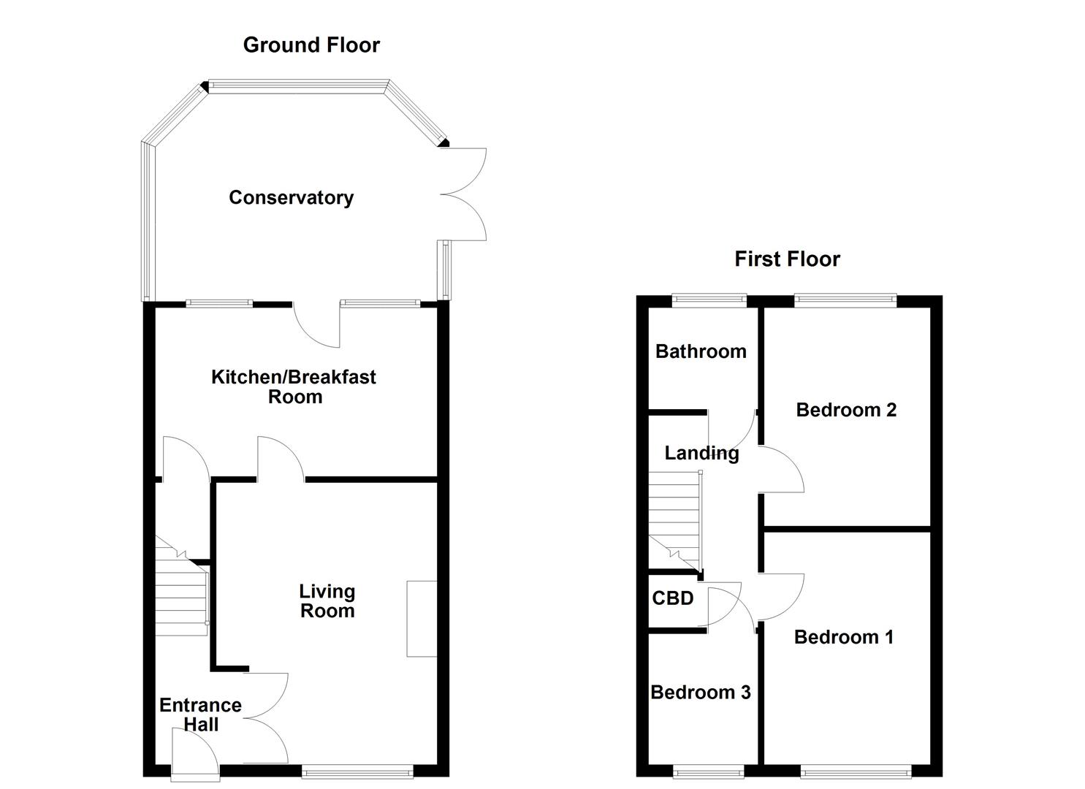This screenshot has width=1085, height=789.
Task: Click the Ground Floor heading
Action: pyautogui.click(x=311, y=45)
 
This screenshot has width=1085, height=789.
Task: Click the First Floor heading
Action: pyautogui.click(x=787, y=259)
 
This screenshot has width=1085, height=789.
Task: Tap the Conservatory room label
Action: pyautogui.click(x=291, y=197)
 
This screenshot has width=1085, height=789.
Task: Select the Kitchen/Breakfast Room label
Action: pyautogui.click(x=294, y=386)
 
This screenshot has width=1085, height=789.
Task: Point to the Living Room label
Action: pyautogui.click(x=327, y=601)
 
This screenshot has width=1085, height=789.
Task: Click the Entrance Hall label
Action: pyautogui.click(x=200, y=714)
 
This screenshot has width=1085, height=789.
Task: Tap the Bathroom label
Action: pyautogui.click(x=701, y=351)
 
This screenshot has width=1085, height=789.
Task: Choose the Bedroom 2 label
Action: pyautogui.click(x=846, y=410)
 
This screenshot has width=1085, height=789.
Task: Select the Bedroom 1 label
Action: pyautogui.click(x=843, y=637)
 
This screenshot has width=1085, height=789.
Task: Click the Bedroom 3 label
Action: pyautogui.click(x=700, y=692)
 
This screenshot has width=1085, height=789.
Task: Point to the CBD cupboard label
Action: pyautogui.click(x=672, y=598)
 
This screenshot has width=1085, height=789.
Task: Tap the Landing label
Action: pyautogui.click(x=701, y=453)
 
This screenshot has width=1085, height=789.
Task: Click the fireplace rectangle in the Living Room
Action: pyautogui.click(x=422, y=618)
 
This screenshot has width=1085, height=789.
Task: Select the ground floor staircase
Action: pyautogui.click(x=181, y=592)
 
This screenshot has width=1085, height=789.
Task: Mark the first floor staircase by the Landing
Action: pyautogui.click(x=675, y=520)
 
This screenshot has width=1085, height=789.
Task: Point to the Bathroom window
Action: pyautogui.click(x=709, y=298)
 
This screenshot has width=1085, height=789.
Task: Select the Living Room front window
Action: pyautogui.click(x=357, y=770)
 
